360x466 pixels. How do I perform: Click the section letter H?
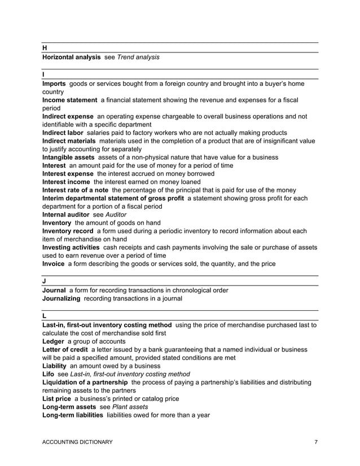(x=45, y=49)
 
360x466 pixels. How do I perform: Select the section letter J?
(x=44, y=280)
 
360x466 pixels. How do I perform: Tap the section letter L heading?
(x=44, y=316)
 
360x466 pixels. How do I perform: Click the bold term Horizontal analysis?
(x=72, y=58)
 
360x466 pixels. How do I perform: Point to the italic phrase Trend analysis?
(x=138, y=58)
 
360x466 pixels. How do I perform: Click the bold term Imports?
(x=54, y=83)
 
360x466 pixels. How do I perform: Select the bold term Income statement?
(x=69, y=100)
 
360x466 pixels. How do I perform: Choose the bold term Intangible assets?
(x=69, y=157)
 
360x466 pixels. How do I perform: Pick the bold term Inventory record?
(x=68, y=231)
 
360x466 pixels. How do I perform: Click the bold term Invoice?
(x=54, y=263)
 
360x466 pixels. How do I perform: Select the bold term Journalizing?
(x=62, y=298)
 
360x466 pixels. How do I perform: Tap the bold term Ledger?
(x=54, y=341)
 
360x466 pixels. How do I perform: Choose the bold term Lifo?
(x=50, y=374)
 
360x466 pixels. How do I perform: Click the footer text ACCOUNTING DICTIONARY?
(x=77, y=442)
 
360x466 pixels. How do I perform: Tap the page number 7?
(x=315, y=442)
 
